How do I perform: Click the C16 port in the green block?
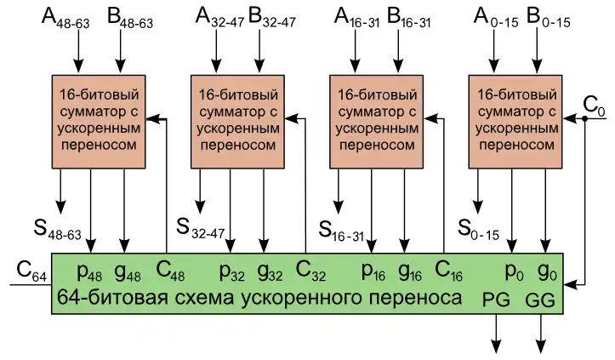pyautogui.click(x=448, y=274)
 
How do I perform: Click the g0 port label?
pyautogui.click(x=546, y=274)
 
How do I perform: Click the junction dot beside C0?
pyautogui.click(x=586, y=120)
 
